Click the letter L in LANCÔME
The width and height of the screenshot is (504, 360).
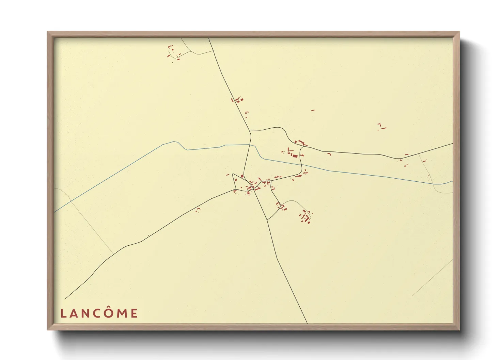[63, 313]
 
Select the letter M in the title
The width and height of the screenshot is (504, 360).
[122, 313]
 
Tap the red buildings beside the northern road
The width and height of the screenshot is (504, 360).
[238, 100]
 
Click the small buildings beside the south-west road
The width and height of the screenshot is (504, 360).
[198, 210]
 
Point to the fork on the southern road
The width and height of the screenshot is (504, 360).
[267, 220]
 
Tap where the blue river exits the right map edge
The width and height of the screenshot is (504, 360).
[452, 181]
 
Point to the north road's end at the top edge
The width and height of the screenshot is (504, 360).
[209, 38]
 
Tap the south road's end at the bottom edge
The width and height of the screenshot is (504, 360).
[307, 323]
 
